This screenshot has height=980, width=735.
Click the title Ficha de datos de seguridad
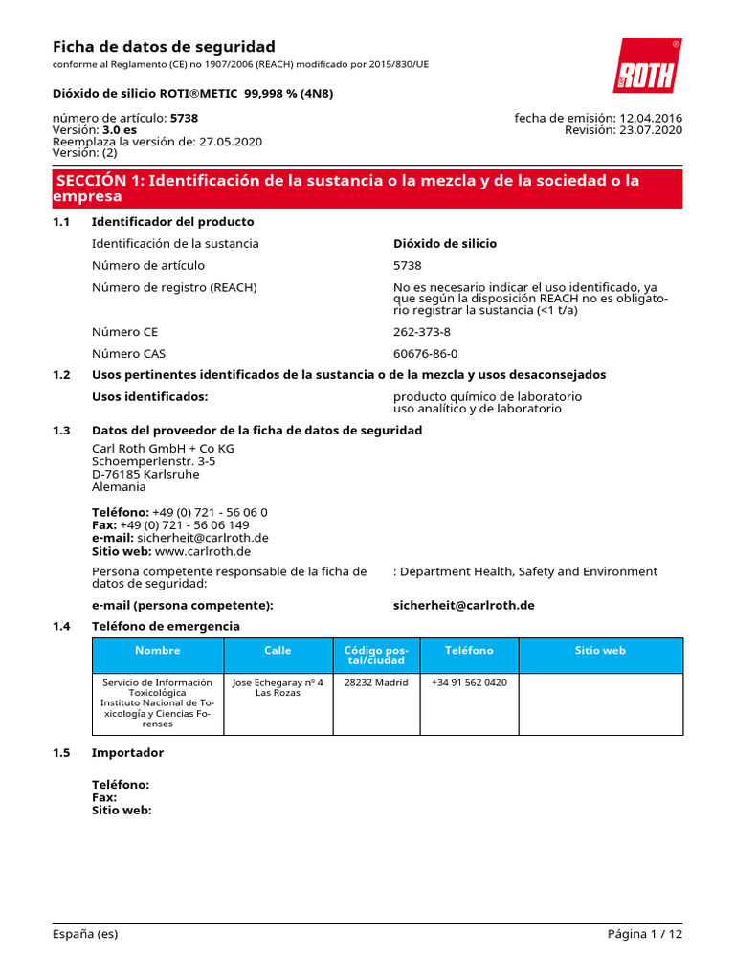pyautogui.click(x=163, y=47)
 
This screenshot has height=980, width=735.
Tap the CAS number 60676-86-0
pyautogui.click(x=425, y=353)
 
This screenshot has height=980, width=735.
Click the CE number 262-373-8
pyautogui.click(x=421, y=332)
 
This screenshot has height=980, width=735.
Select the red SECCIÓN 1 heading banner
pyautogui.click(x=367, y=189)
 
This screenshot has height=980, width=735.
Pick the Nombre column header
pyautogui.click(x=157, y=651)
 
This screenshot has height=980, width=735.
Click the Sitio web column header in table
pyautogui.click(x=600, y=651)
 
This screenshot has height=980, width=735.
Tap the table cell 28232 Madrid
pyautogui.click(x=376, y=683)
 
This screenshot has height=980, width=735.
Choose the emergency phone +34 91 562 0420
pyautogui.click(x=469, y=683)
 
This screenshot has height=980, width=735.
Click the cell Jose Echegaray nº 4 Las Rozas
pyautogui.click(x=278, y=687)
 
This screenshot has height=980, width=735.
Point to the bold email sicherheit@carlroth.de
pyautogui.click(x=463, y=605)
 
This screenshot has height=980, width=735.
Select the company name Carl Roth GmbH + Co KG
pyautogui.click(x=163, y=448)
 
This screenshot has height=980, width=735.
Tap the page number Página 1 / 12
pyautogui.click(x=644, y=934)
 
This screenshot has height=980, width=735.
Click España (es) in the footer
pyautogui.click(x=85, y=934)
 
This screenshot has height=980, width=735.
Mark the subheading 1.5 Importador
pyautogui.click(x=127, y=752)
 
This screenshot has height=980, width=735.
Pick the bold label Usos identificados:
pyautogui.click(x=149, y=396)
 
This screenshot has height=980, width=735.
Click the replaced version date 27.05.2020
pyautogui.click(x=230, y=142)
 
